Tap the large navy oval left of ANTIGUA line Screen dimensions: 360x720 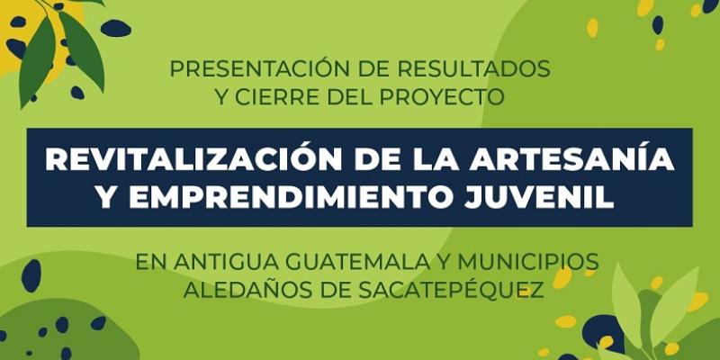coord(31,274)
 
